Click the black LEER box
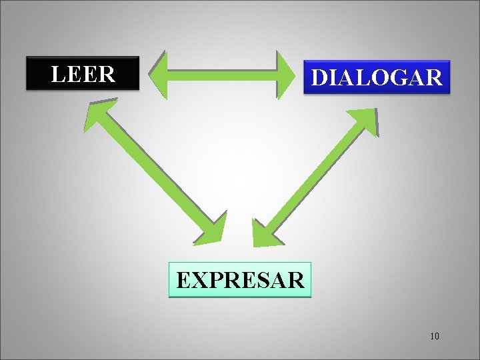point(83,73)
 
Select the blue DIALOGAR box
point(377,77)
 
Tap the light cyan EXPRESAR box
point(241,279)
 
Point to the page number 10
point(434,335)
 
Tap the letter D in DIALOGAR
point(320,78)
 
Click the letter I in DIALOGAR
point(333,78)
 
